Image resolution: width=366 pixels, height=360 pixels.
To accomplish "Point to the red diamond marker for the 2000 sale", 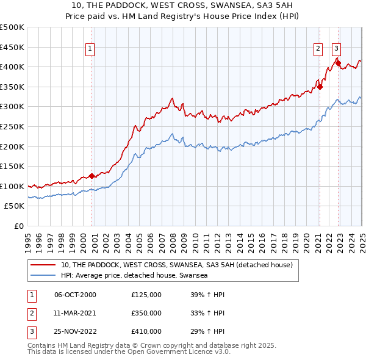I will [91, 176].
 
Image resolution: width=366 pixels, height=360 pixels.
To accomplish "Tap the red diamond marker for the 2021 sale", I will [320, 87].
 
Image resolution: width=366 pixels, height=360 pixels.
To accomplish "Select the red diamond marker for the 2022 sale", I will [338, 63].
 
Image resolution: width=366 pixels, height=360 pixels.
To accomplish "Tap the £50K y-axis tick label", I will [14, 206].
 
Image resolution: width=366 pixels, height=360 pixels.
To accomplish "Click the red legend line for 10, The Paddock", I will [43, 265].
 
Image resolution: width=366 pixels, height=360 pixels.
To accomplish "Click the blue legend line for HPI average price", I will [43, 276].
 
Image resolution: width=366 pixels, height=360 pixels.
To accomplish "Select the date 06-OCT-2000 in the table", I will [75, 295].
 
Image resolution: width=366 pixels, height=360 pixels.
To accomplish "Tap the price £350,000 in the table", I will [146, 313].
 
